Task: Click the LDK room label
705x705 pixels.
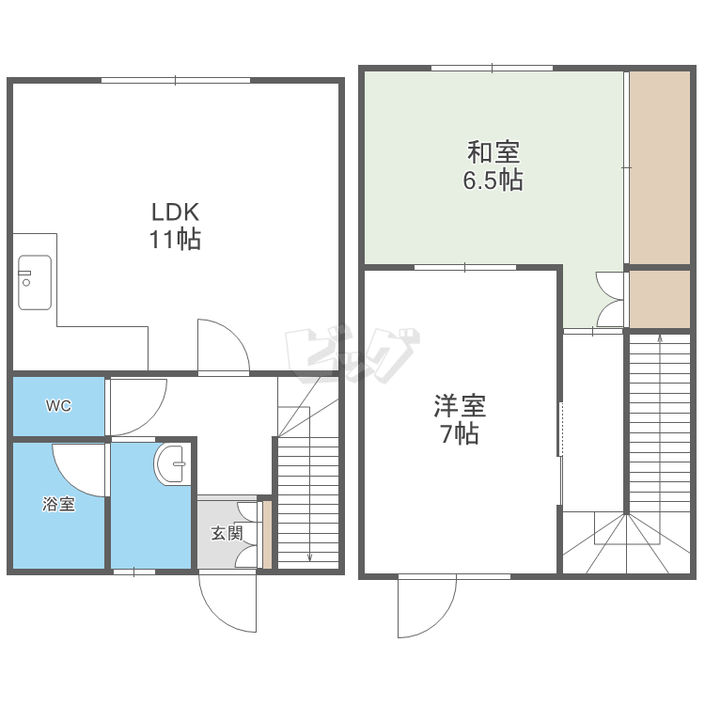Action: click(x=176, y=212)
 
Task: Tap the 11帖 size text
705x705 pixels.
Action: click(x=175, y=239)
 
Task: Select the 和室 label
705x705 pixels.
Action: click(x=493, y=152)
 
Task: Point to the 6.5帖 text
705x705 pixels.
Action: click(x=493, y=180)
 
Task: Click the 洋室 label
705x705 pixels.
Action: click(x=460, y=405)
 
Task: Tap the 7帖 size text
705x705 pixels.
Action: click(x=460, y=434)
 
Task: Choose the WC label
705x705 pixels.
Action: click(x=58, y=406)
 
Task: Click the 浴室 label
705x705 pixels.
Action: click(x=58, y=504)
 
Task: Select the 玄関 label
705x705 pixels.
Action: click(x=227, y=533)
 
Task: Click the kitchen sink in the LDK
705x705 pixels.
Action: click(x=35, y=282)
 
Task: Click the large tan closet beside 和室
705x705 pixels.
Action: click(x=660, y=167)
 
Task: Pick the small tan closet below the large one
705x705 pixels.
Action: click(x=660, y=299)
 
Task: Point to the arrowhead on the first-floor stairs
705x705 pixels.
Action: click(x=309, y=558)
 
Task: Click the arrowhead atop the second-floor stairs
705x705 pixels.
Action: click(x=660, y=338)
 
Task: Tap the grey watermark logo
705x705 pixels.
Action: click(x=352, y=355)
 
